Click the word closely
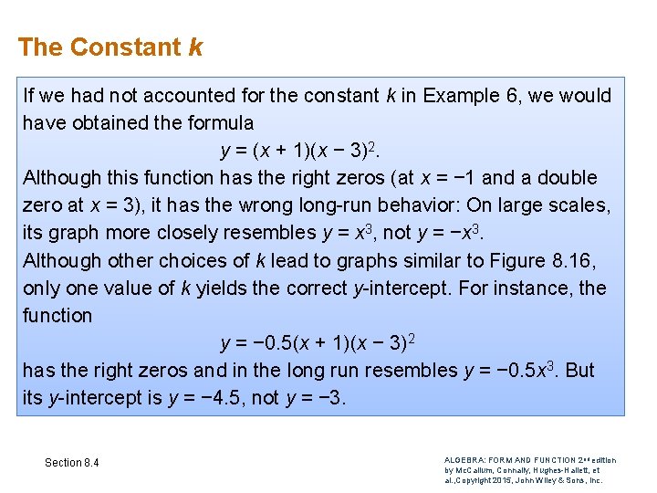[x=197, y=233]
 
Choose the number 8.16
[x=574, y=260]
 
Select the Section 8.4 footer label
[x=72, y=463]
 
